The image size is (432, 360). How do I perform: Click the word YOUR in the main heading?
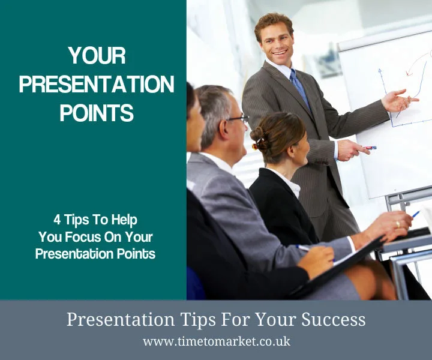point(97,56)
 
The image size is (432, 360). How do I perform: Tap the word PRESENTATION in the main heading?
point(97,84)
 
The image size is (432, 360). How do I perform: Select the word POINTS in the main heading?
point(97,112)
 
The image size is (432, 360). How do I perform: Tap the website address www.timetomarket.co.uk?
point(216,341)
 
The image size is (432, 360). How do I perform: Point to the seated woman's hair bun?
point(258,134)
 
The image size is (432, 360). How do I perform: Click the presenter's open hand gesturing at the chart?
point(398,100)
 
